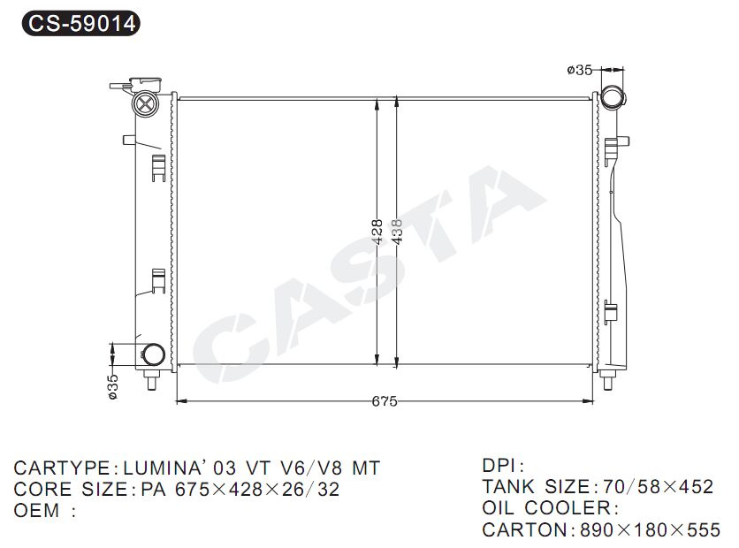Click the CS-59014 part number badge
pyautogui.click(x=81, y=23)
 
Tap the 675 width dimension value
pyautogui.click(x=385, y=401)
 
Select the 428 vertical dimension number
pyautogui.click(x=377, y=232)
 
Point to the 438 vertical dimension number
pyautogui.click(x=397, y=232)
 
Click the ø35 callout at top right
pyautogui.click(x=579, y=70)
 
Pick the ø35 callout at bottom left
pyautogui.click(x=113, y=387)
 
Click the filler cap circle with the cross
pyautogui.click(x=145, y=103)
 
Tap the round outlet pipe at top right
pyautogui.click(x=613, y=98)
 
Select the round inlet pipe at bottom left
pyautogui.click(x=153, y=354)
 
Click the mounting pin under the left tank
pyautogui.click(x=151, y=380)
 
